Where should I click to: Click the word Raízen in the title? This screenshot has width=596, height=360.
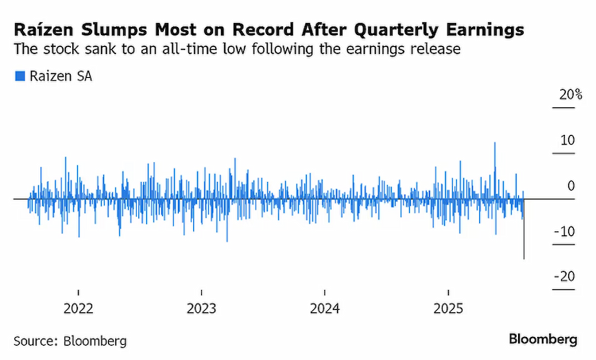[44, 29]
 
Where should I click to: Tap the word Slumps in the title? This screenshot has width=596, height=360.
[114, 30]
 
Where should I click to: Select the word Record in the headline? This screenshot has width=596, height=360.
[263, 29]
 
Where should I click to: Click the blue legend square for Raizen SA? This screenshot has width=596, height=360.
[20, 76]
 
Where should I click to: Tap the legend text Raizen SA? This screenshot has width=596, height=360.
[61, 76]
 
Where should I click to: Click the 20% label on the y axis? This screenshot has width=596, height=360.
[570, 95]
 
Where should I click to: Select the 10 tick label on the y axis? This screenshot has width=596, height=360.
[567, 141]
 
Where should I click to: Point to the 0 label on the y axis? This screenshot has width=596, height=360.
[571, 186]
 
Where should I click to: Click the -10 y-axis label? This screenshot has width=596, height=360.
[564, 231]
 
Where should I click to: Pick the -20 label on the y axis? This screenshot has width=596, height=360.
[564, 277]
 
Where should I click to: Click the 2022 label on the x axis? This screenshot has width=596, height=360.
[79, 308]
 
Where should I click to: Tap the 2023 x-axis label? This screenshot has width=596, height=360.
[202, 308]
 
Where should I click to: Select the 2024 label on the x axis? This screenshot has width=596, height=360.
[324, 308]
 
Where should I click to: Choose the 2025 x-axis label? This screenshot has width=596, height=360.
[448, 308]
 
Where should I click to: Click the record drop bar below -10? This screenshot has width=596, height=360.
[524, 229]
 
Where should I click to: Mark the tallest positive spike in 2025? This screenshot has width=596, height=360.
[495, 170]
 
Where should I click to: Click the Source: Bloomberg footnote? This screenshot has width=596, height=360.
[70, 341]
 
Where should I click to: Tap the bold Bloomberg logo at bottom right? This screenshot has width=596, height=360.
[544, 339]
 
